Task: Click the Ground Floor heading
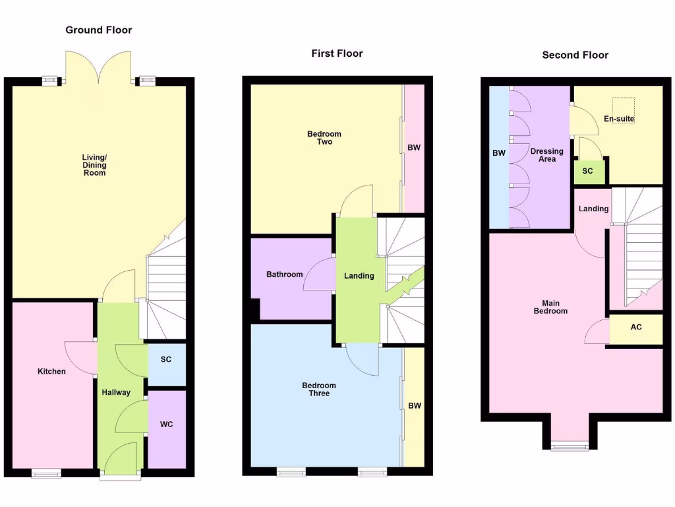(99, 30)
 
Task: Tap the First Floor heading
(337, 53)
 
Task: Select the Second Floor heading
(575, 55)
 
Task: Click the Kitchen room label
(51, 372)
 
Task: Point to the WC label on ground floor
(166, 424)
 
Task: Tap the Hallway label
(116, 392)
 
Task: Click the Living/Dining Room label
(94, 165)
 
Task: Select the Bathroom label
(285, 275)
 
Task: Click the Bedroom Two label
(324, 138)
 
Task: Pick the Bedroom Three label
(319, 389)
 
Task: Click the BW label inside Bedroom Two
(413, 148)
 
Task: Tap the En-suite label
(619, 119)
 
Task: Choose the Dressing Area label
(547, 155)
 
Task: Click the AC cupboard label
(635, 327)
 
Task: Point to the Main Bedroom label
(550, 307)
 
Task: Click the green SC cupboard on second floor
(587, 172)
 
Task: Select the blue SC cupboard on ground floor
(166, 360)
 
